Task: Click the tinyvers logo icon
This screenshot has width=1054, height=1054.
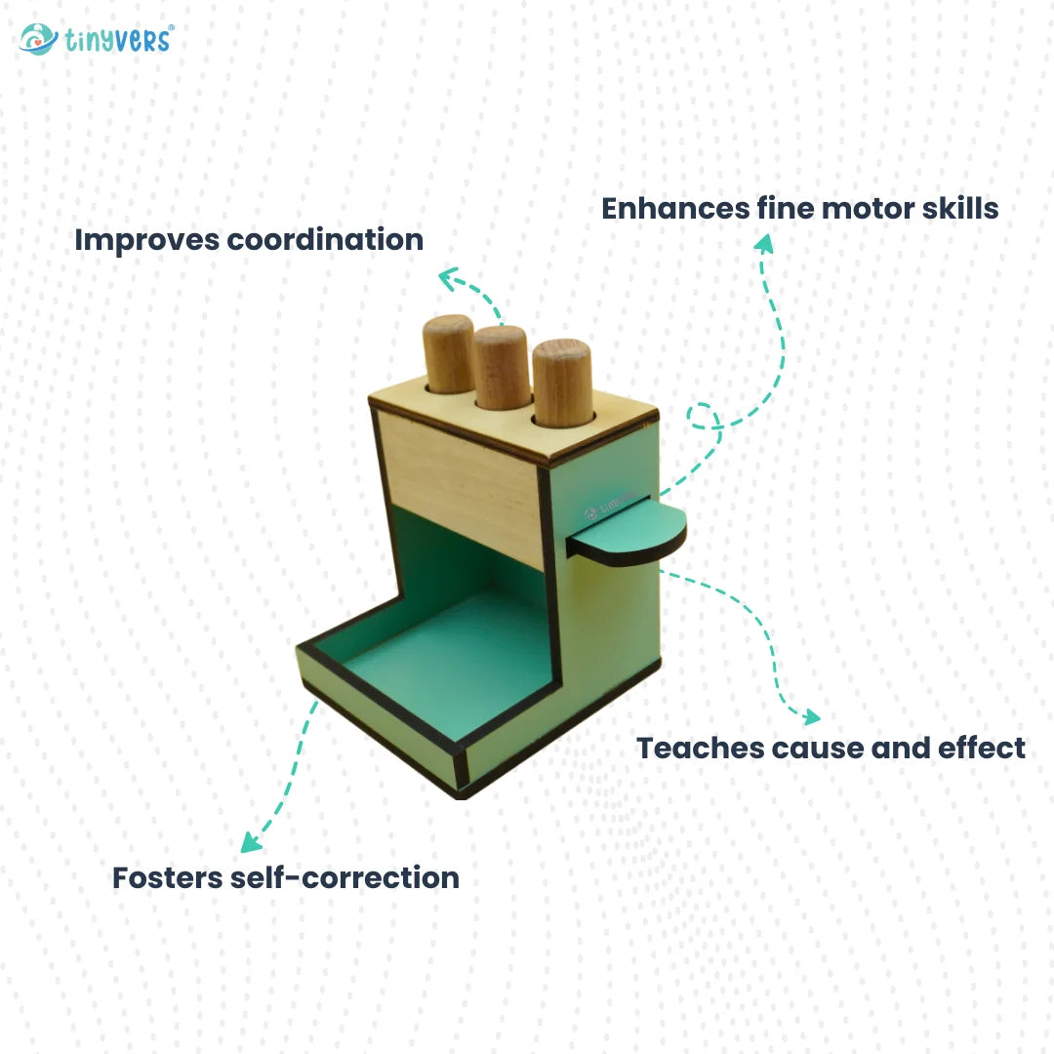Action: click(x=38, y=39)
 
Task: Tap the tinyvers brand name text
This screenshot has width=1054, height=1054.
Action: click(x=119, y=40)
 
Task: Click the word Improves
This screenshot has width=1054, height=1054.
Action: click(x=146, y=241)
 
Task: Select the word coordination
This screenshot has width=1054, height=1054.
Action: click(x=325, y=239)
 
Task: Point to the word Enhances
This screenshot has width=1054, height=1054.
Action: click(x=675, y=209)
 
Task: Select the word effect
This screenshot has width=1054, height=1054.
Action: click(x=982, y=749)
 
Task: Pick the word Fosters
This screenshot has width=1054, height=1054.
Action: click(x=167, y=878)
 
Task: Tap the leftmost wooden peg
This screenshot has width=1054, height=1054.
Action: click(x=449, y=353)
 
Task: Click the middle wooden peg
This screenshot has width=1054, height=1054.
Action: click(x=503, y=367)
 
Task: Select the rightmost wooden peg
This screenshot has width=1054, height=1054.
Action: click(x=563, y=383)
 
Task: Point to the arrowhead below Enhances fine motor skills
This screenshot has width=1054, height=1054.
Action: click(x=764, y=243)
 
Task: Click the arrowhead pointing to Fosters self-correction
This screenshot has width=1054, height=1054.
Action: click(x=251, y=842)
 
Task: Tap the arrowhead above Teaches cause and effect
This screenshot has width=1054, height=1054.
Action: click(x=811, y=717)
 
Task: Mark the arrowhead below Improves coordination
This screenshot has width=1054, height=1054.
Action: click(x=448, y=279)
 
